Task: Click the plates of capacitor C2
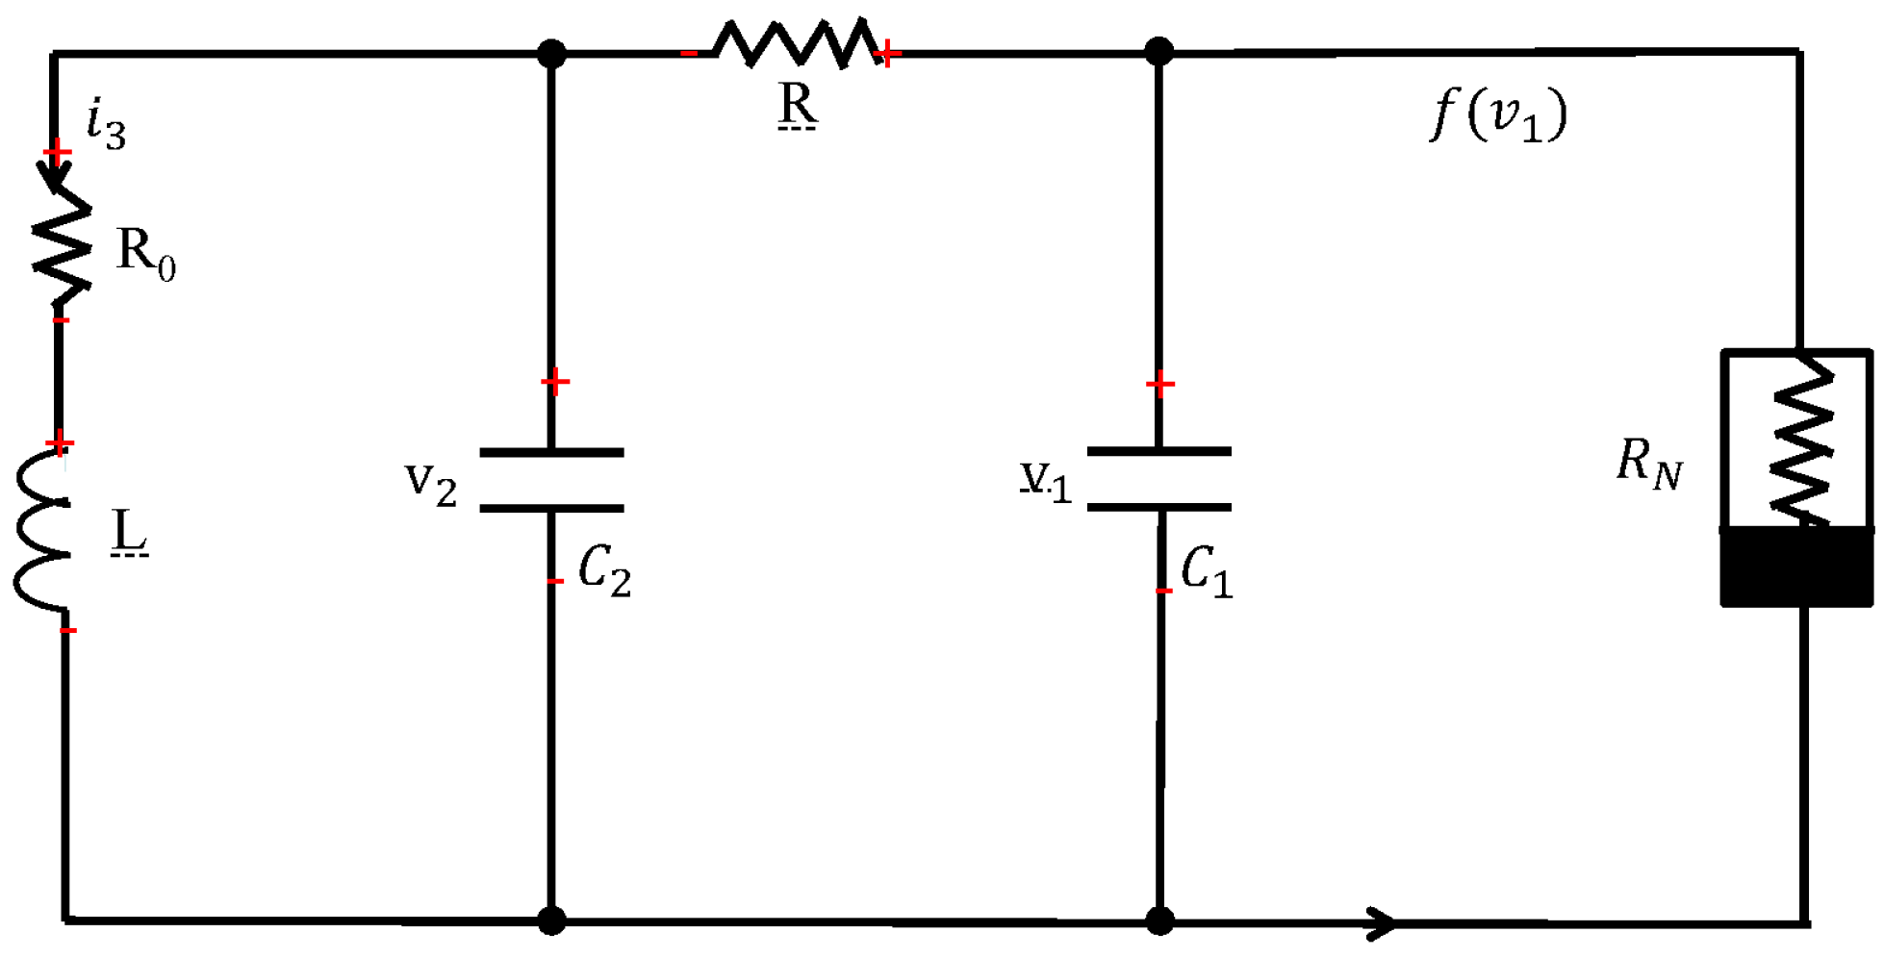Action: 551,479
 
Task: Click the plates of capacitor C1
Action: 1158,478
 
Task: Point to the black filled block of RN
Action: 1796,567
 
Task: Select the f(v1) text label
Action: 1498,114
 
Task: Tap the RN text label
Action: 1648,463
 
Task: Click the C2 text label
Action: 604,570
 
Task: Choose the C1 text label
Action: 1206,570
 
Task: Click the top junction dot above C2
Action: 551,53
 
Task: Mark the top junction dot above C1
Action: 1159,51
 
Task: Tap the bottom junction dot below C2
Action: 551,920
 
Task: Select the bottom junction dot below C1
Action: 1160,921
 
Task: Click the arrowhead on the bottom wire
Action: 1382,922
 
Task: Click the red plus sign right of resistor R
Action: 888,54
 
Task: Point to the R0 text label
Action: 145,254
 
